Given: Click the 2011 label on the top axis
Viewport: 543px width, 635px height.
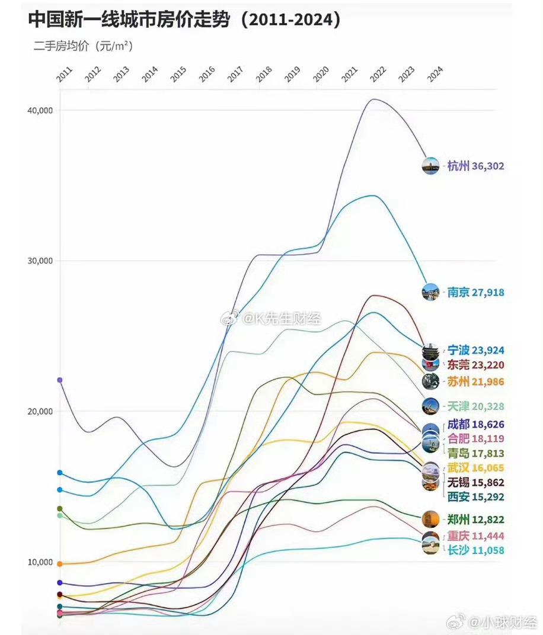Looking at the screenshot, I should click(x=64, y=74).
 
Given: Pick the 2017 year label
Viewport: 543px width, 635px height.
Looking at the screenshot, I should click(x=235, y=74).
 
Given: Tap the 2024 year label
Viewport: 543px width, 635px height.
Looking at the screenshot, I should click(x=435, y=74).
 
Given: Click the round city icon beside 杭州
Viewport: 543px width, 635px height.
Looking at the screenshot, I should click(x=430, y=166).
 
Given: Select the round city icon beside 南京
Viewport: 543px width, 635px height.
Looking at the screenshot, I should click(x=430, y=292).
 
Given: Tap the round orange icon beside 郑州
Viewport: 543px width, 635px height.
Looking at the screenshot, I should click(x=430, y=519).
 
